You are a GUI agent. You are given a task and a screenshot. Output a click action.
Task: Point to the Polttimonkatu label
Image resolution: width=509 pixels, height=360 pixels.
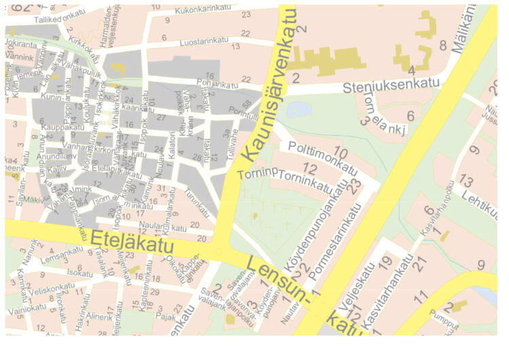click(x=322, y=158)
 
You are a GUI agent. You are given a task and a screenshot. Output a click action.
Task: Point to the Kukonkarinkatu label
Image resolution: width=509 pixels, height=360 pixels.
click(x=191, y=11)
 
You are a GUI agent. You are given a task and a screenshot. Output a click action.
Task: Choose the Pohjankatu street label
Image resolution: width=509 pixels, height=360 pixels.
click(x=217, y=86)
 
